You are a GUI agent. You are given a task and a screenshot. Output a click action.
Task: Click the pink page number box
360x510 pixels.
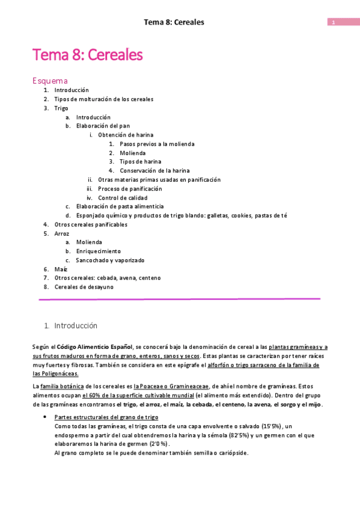(339, 22)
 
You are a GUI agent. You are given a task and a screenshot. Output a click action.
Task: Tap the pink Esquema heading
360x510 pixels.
(50, 81)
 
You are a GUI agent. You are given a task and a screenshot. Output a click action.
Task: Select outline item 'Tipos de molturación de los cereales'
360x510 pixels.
(103, 99)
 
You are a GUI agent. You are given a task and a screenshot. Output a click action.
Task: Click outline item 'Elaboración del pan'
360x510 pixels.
(103, 126)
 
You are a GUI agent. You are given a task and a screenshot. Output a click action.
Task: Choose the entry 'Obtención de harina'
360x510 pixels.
(125, 135)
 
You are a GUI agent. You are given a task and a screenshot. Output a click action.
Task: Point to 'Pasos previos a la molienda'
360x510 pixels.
(157, 144)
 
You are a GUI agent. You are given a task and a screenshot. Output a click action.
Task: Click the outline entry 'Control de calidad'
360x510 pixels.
(123, 197)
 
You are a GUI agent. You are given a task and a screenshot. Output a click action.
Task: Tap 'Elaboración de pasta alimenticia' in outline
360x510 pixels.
(120, 206)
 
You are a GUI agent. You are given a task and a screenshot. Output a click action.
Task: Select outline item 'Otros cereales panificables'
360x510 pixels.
(91, 224)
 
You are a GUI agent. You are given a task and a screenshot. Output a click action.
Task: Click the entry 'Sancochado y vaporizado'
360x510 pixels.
(110, 260)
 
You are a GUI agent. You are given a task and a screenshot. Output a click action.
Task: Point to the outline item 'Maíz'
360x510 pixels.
(61, 269)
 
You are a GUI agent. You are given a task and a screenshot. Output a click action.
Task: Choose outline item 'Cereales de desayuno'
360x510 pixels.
(84, 287)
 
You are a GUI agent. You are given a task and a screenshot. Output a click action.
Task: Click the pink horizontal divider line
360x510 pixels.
(179, 299)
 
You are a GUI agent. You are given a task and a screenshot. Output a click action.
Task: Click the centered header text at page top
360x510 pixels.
(174, 22)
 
